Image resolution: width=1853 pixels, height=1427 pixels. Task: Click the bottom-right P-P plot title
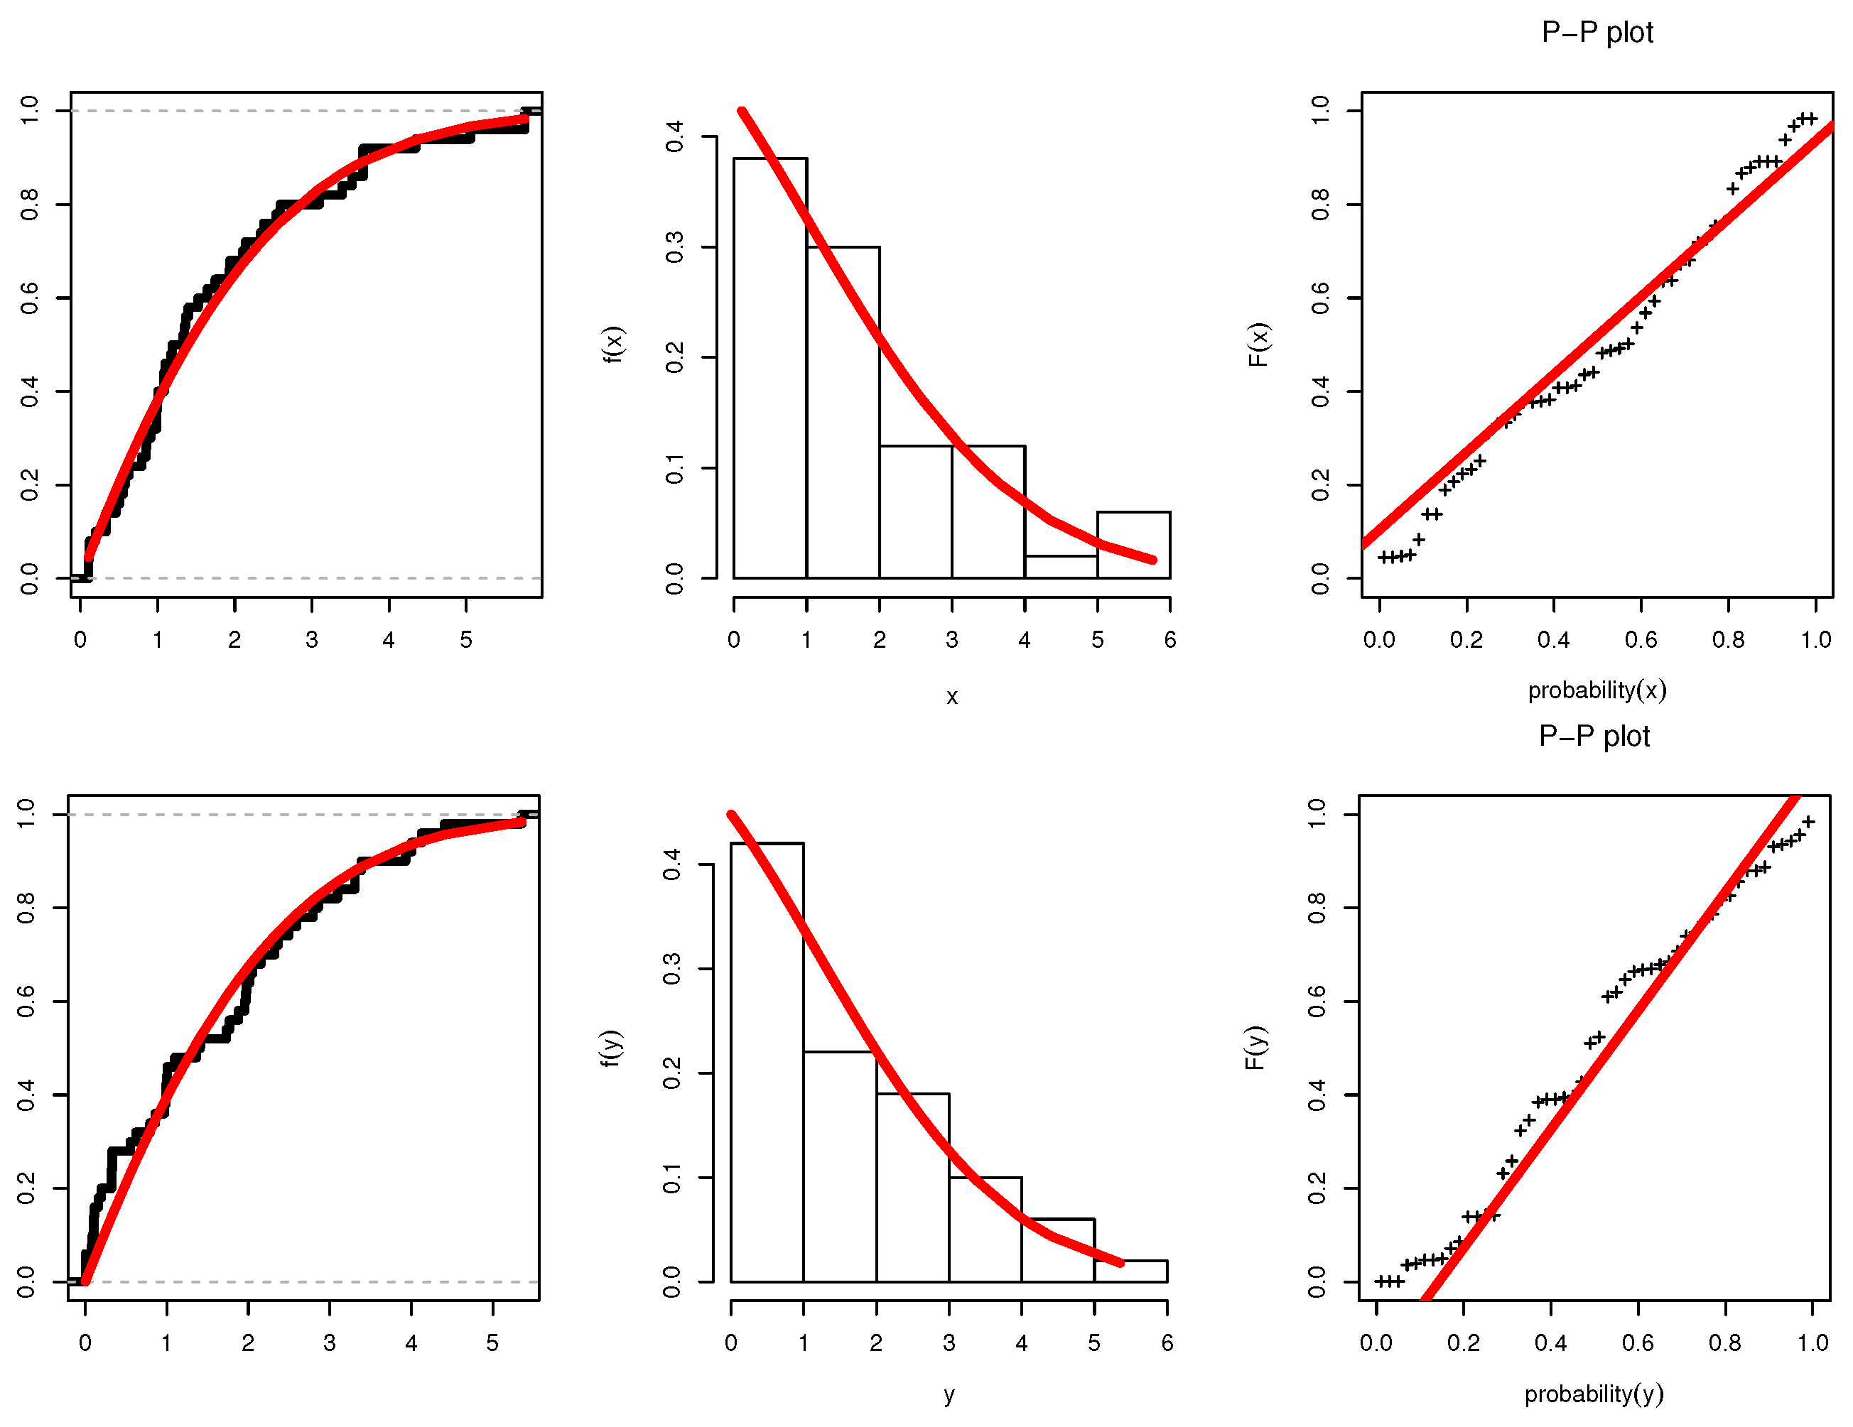click(1594, 736)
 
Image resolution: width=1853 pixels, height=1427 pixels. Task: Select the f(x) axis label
click(612, 344)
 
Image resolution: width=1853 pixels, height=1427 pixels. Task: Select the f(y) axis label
click(611, 1048)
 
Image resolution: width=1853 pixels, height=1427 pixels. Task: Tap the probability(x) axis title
click(1597, 690)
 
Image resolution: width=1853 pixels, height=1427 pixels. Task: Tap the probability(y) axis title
click(1594, 1393)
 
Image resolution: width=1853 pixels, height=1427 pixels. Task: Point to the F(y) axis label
click(1255, 1048)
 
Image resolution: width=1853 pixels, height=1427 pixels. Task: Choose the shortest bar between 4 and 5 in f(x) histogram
click(1061, 567)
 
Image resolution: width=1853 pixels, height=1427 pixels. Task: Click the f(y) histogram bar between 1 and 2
click(839, 1166)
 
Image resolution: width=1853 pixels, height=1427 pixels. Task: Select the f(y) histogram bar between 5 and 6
click(1130, 1270)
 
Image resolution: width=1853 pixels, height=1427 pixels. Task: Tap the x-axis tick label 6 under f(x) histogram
click(1170, 640)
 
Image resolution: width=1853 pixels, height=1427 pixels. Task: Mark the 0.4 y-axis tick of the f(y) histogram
click(672, 864)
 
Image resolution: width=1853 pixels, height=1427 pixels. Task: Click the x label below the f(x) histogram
click(951, 698)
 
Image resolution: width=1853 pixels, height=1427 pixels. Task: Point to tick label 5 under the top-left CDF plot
click(466, 640)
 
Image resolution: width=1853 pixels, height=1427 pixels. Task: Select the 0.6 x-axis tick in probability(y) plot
click(1638, 1343)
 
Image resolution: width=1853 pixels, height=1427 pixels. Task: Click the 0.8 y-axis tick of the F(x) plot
click(1319, 205)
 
